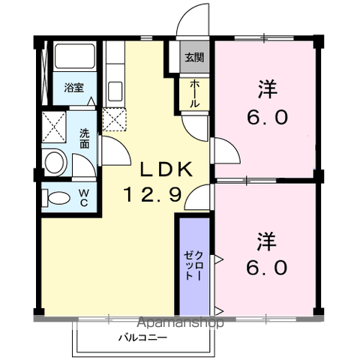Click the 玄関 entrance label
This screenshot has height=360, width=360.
pos(194,58)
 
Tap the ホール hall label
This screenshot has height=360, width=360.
pos(195,94)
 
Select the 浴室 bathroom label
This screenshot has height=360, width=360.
pos(74,88)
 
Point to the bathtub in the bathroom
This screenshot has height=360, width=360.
pos(75,56)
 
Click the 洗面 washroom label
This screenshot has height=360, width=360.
pos(85,139)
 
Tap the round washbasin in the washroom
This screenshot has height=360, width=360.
pos(54,163)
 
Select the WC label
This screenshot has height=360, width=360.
pos(84,198)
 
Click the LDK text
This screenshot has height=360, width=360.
pos(166,169)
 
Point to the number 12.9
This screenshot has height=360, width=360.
pos(152,195)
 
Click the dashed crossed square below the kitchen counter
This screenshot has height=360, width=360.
pos(115,119)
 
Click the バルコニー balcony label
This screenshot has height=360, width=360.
pos(142,338)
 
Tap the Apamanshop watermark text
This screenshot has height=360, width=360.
pos(181,322)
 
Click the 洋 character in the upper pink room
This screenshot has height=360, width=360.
pos(268,89)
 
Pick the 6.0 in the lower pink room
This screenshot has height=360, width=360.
pos(266,267)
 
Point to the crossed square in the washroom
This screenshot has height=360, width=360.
pos(54,127)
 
